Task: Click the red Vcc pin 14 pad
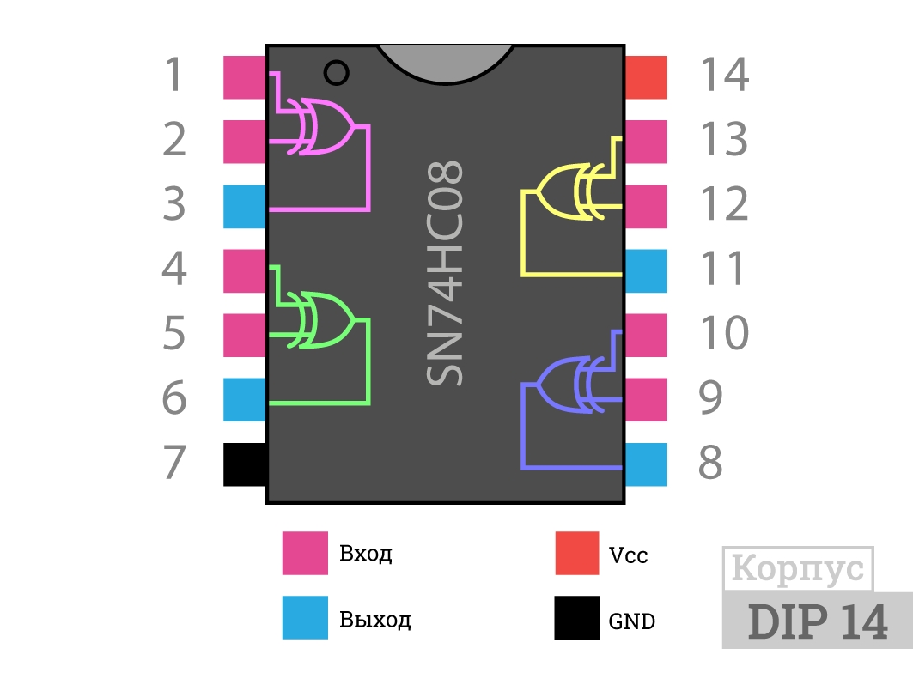tap(646, 77)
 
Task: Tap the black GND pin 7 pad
tap(245, 464)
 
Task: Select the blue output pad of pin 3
tap(245, 207)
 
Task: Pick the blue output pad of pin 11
tap(646, 271)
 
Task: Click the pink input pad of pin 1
tap(245, 77)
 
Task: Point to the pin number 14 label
tap(724, 75)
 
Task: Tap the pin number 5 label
tap(174, 333)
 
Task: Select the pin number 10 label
tap(724, 333)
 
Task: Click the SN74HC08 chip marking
tap(445, 273)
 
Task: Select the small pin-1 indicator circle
tap(336, 73)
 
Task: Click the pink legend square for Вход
tap(305, 553)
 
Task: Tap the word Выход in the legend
tap(375, 619)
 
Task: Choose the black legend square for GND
tap(577, 617)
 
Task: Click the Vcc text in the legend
tap(628, 555)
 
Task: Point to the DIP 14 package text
tap(818, 621)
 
